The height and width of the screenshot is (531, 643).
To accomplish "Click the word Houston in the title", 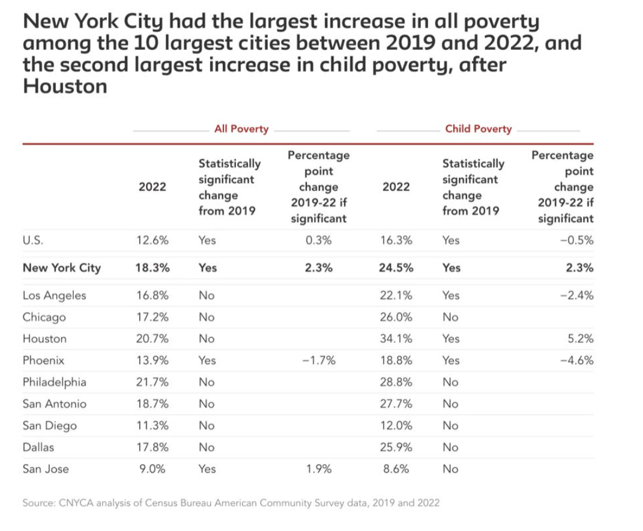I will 65,86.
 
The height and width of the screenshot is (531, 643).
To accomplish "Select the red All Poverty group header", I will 241,128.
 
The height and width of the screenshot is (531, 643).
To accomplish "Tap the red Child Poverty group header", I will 478,128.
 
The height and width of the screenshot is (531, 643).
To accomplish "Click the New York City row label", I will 62,268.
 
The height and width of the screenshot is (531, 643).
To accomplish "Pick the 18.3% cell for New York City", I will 152,268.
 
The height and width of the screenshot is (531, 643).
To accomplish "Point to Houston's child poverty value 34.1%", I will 396,338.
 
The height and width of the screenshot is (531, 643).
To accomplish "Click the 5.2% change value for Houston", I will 580,338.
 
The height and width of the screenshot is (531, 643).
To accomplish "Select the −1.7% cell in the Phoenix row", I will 318,361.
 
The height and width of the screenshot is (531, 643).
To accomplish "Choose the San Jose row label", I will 46,469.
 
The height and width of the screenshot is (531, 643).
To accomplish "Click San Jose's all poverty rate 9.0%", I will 152,469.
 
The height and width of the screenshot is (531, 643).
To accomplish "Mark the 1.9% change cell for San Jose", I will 319,469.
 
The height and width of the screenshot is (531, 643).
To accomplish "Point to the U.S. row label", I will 33,241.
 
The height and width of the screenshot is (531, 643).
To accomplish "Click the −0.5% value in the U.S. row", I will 579,241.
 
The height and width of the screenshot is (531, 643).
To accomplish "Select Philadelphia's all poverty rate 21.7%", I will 152,382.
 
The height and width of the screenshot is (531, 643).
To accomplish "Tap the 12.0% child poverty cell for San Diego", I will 396,425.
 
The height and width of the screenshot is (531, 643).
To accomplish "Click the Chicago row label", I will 44,317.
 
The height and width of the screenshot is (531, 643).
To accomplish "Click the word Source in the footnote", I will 39,503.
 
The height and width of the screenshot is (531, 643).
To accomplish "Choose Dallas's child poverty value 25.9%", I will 396,447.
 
